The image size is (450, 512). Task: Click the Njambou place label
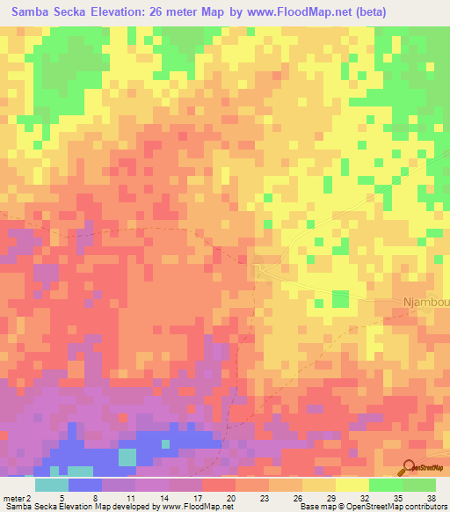[x=425, y=303]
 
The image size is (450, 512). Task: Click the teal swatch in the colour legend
[x=52, y=484]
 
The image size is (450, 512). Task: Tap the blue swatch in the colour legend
[x=85, y=484]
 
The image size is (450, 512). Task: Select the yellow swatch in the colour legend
[x=352, y=484]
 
